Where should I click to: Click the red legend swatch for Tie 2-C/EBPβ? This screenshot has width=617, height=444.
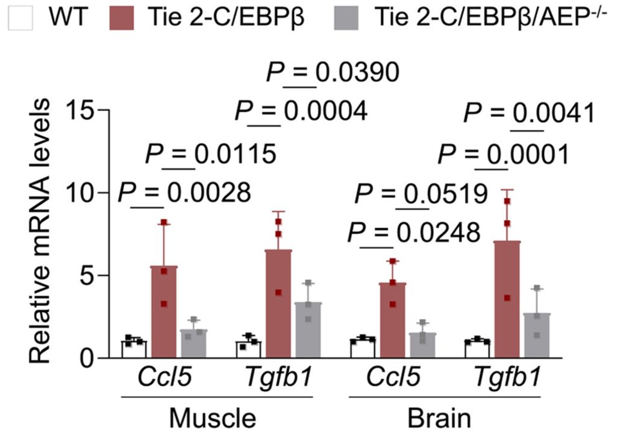122,17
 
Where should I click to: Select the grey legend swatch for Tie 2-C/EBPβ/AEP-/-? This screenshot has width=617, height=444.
346,17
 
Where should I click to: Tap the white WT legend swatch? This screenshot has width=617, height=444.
20,17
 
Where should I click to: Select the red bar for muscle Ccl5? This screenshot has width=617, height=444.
164,312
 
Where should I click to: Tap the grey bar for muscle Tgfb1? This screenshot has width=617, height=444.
308,330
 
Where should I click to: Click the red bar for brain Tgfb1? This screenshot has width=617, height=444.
507,299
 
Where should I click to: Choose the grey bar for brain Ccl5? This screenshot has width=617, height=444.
422,345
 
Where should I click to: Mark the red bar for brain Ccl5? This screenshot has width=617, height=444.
393,320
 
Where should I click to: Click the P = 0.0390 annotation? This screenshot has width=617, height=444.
333,72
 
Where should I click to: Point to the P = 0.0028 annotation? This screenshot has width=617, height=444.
184,193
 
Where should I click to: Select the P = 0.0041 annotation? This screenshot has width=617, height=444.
529,113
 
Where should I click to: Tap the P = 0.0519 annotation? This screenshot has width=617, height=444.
421,194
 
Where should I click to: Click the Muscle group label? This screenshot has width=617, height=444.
213,418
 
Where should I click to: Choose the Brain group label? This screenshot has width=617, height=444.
439,418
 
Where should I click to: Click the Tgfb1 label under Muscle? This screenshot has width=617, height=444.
278,377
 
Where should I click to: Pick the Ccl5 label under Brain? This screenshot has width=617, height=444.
393,377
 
